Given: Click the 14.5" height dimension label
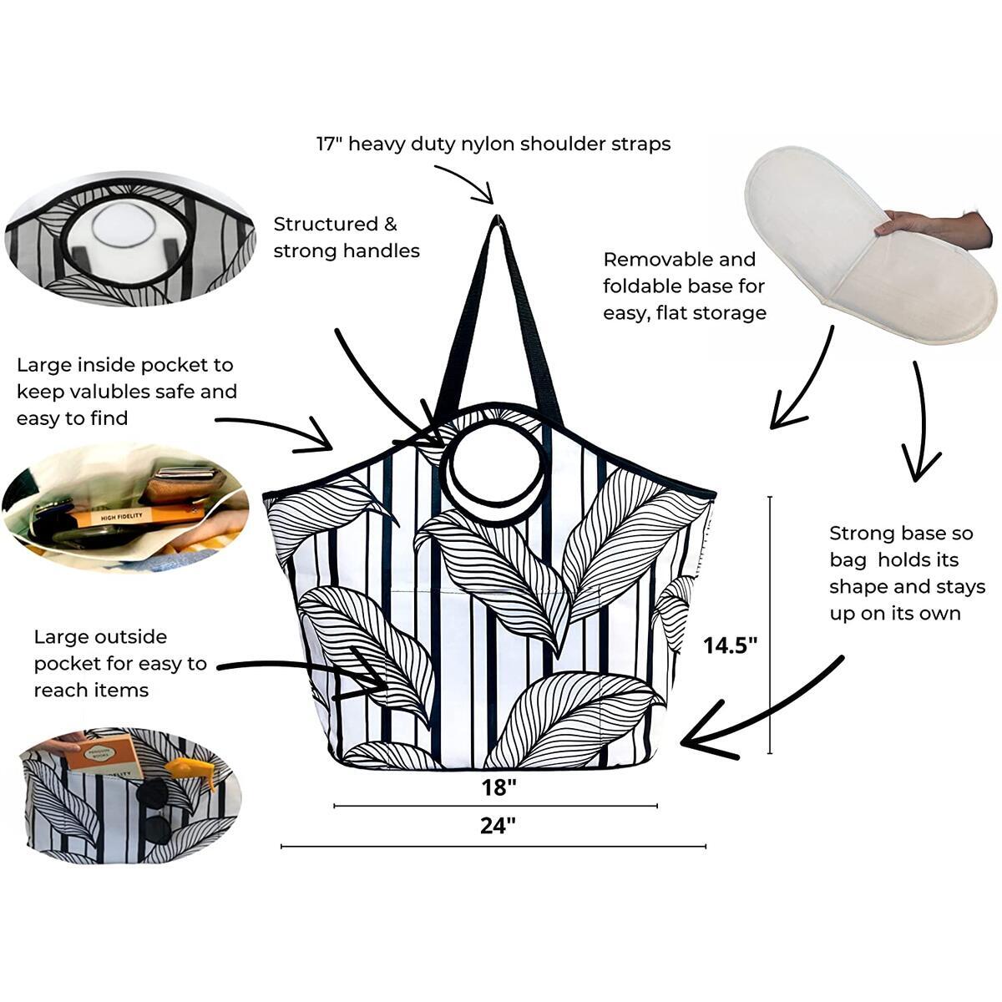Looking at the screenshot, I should coord(730,645).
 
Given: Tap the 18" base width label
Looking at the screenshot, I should coord(498,787).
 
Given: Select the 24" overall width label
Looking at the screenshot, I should coord(498,826).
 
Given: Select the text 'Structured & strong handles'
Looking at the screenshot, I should coord(346,237).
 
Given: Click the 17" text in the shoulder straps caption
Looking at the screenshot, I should coord(328,144).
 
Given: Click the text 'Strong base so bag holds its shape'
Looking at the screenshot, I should coord(907,573).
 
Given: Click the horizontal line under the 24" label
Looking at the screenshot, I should coord(493,847).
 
